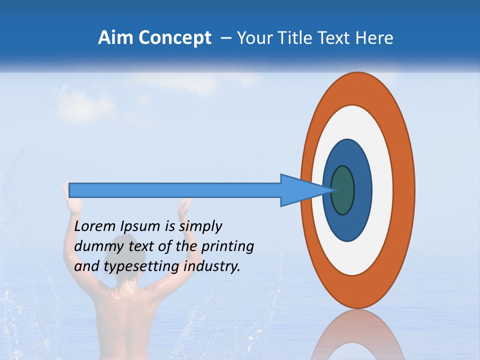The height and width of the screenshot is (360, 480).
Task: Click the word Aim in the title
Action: point(115,38)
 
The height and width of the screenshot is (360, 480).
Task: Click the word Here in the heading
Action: point(375,38)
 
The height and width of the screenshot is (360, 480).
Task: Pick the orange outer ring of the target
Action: point(405,190)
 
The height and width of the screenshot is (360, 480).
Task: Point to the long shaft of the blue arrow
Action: point(175,190)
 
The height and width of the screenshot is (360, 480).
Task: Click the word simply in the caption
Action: point(200,226)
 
